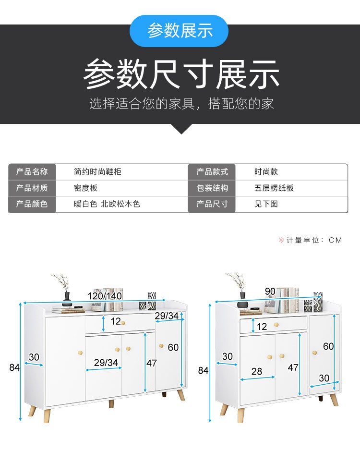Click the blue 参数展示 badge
180,31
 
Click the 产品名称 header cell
32,172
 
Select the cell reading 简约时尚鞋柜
97,172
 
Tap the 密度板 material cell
85,188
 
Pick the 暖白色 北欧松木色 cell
107,204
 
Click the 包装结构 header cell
212,188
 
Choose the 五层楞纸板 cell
274,188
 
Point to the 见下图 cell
266,204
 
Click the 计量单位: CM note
310,240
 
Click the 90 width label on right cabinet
270,292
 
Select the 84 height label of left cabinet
14,367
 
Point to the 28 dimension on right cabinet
257,371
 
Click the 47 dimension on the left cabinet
151,364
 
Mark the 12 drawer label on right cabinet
262,327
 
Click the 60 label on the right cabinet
328,346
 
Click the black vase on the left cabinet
67,295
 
